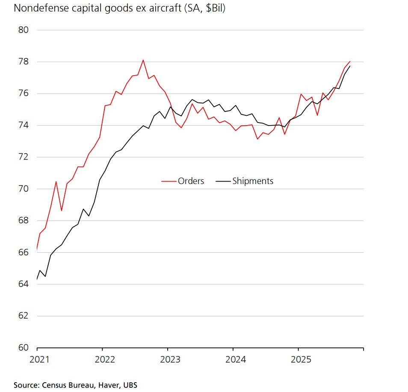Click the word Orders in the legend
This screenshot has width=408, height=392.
pyautogui.click(x=191, y=181)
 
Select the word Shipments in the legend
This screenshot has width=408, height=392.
pyautogui.click(x=252, y=181)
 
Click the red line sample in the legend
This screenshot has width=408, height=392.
pyautogui.click(x=169, y=181)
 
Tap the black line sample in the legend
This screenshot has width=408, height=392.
pyautogui.click(x=223, y=181)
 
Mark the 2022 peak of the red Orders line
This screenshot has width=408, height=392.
pyautogui.click(x=143, y=60)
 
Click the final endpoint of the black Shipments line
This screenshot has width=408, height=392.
pyautogui.click(x=350, y=66)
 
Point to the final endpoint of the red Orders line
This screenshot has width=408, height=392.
pyautogui.click(x=350, y=61)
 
